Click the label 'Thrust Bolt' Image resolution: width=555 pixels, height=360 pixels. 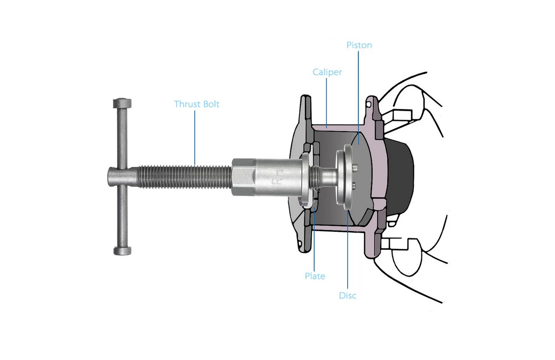(x=197, y=104)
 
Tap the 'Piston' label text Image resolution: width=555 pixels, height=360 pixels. (x=359, y=45)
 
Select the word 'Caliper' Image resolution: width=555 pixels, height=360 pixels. (x=327, y=72)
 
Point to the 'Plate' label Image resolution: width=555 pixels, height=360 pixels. (x=315, y=276)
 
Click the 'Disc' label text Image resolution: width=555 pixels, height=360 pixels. (x=348, y=296)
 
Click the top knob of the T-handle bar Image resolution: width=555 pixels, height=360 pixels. (x=122, y=103)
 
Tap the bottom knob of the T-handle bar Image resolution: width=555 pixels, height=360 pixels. (x=122, y=251)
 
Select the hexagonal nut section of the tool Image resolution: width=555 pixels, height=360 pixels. (x=244, y=177)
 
